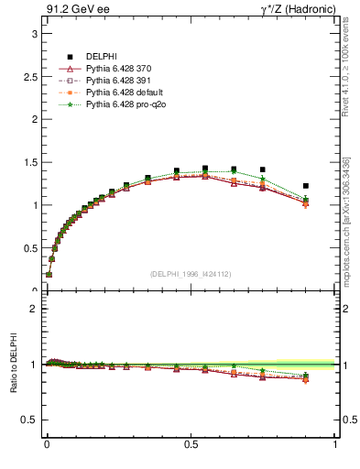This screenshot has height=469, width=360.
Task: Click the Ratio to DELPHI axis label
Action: tap(14, 365)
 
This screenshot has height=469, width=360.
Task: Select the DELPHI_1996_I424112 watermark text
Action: tap(191, 274)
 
